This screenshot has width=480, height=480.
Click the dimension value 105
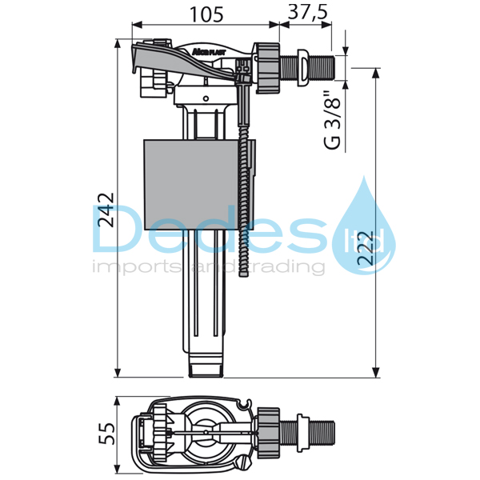pos(205,14)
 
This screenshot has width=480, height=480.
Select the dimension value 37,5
pos(305,14)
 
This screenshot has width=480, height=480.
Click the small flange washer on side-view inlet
pos(302,65)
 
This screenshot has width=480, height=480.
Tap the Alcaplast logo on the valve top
pos(206,50)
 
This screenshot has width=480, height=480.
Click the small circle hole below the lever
pos(206,98)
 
